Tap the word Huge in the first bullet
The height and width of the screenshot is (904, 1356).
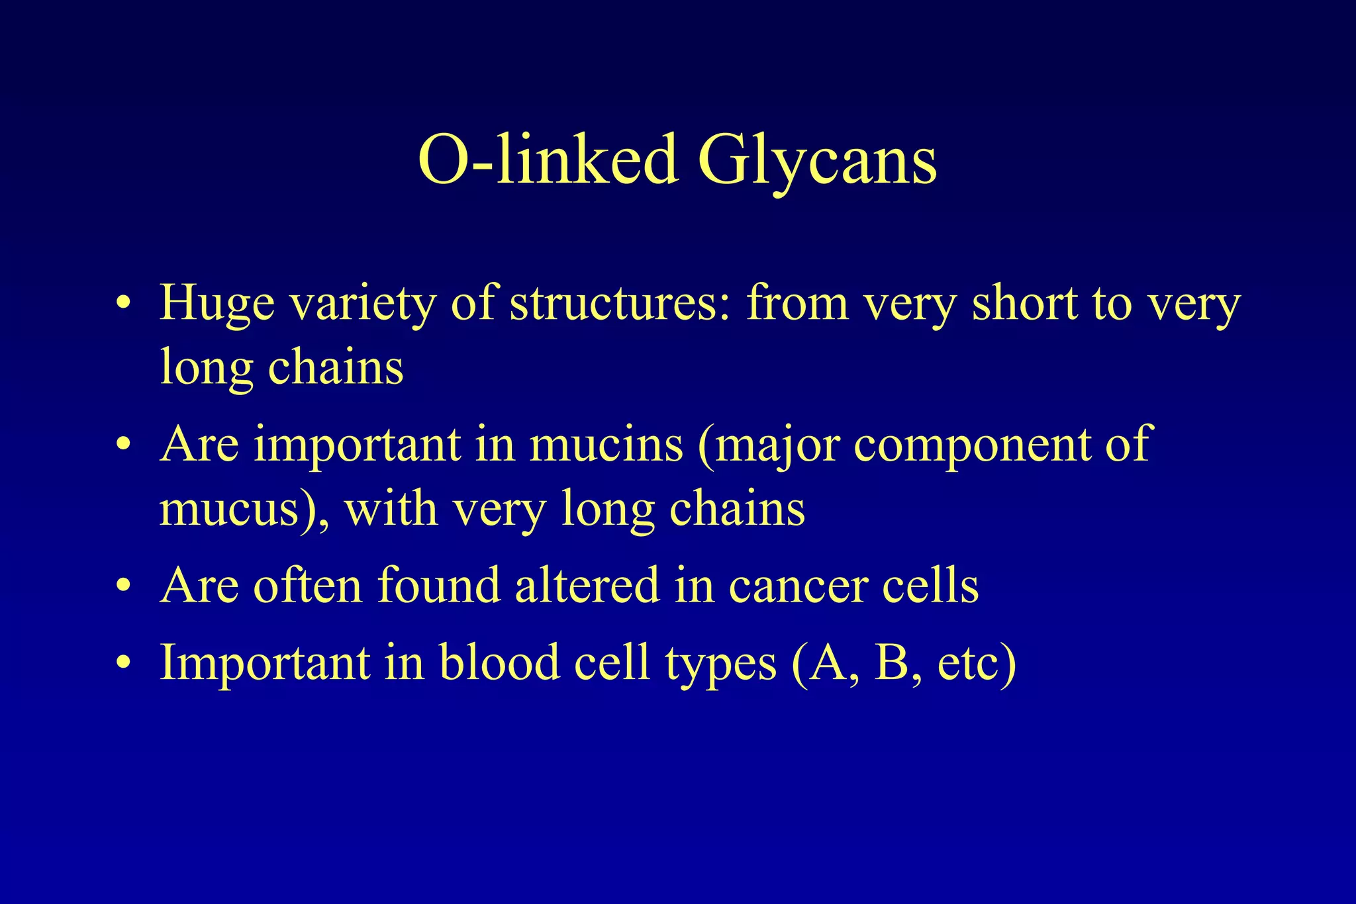coord(217,302)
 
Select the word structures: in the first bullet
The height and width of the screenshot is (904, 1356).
coord(620,302)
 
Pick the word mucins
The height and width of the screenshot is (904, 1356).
coord(606,444)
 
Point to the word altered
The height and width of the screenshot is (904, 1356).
coord(587,585)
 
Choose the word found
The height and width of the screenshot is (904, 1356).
coord(438,585)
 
